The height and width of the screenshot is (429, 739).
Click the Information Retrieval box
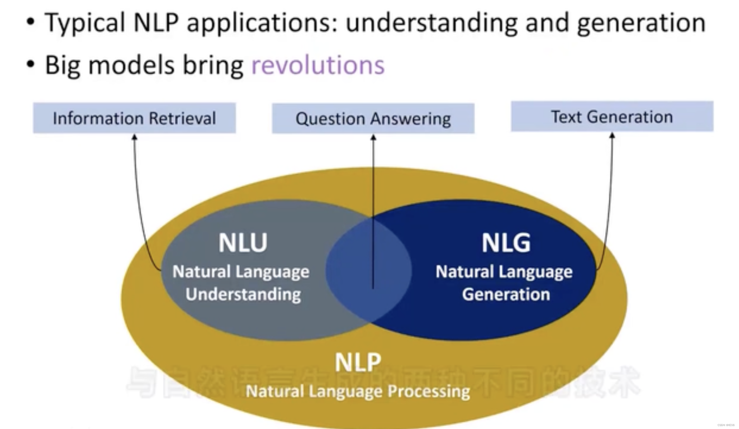(x=134, y=118)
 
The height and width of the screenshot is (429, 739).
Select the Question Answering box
(x=373, y=119)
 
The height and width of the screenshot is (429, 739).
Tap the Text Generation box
(x=612, y=117)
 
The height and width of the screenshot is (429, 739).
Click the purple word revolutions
(x=318, y=65)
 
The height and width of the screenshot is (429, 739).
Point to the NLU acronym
(x=243, y=243)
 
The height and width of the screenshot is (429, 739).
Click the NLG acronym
(x=506, y=243)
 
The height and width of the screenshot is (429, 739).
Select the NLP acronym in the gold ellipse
(x=358, y=362)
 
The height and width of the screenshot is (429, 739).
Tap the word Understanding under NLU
(x=243, y=294)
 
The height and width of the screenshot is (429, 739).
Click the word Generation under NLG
(x=506, y=294)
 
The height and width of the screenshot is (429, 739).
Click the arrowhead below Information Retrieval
(x=134, y=137)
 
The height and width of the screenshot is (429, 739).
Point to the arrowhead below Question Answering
(x=373, y=137)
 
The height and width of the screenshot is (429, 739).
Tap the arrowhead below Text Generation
(x=612, y=135)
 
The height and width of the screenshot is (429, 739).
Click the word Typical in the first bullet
(x=85, y=23)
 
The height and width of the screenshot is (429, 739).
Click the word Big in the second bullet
(x=62, y=65)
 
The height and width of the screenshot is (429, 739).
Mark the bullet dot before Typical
(x=30, y=22)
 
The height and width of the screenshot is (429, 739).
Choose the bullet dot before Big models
(x=30, y=64)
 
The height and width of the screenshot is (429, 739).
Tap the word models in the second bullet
(x=131, y=65)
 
